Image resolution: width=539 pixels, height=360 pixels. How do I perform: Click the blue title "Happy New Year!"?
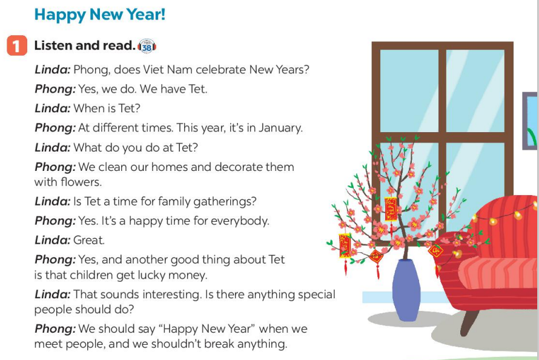click(100, 15)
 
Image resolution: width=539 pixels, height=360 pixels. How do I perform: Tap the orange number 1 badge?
click(17, 45)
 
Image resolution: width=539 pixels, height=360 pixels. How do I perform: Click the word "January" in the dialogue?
click(280, 128)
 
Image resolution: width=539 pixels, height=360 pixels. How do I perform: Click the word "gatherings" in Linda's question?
click(225, 201)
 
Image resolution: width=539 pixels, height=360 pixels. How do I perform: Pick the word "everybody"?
click(240, 221)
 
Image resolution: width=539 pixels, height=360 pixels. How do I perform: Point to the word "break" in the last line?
click(217, 344)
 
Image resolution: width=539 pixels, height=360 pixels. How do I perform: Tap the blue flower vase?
click(406, 290)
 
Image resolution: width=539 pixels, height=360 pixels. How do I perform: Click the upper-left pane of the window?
click(409, 90)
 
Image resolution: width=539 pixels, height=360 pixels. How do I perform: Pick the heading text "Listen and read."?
click(85, 45)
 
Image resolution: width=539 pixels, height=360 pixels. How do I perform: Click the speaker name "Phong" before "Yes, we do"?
click(55, 90)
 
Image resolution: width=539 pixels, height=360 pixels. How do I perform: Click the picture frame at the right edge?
click(530, 121)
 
